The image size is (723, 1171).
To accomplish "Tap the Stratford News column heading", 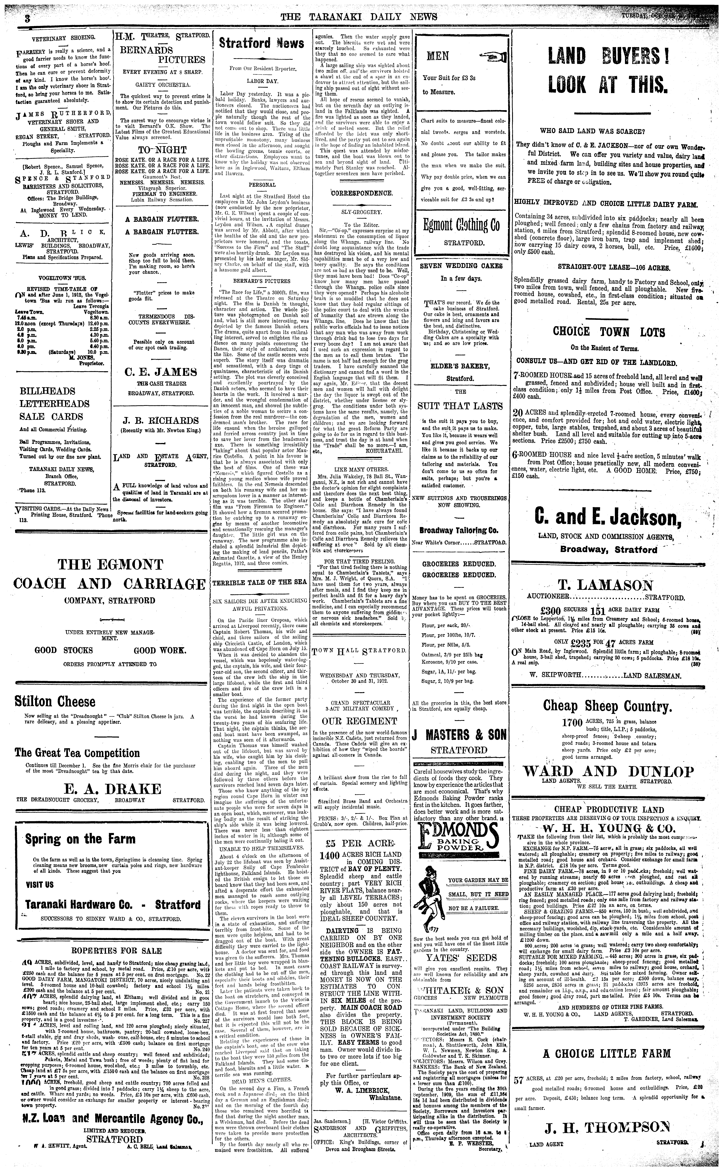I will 261,43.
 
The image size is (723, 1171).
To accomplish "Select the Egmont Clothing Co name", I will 461,225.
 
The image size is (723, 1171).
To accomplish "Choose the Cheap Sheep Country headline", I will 607,706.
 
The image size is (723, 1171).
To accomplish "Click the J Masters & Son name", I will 460,735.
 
